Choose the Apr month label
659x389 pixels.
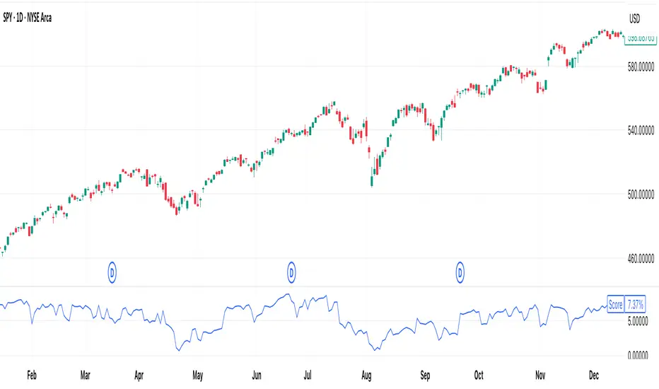[x=139, y=374]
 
